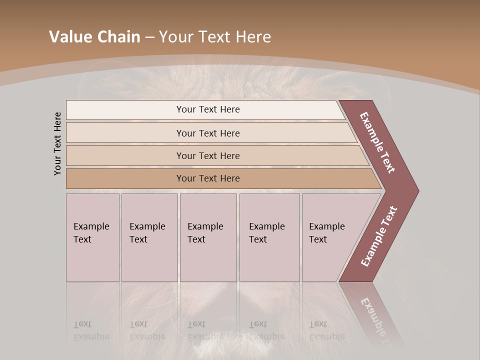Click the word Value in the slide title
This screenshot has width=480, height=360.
(69, 37)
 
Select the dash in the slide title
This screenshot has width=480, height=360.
(149, 37)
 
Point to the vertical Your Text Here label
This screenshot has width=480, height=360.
(57, 143)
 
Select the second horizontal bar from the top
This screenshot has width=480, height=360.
(208, 133)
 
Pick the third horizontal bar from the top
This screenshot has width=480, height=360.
(208, 155)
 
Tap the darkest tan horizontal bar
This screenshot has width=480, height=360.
(208, 178)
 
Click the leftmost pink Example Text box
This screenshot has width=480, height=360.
(92, 237)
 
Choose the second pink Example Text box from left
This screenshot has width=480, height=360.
(149, 237)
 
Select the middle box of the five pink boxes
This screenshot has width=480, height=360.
(208, 237)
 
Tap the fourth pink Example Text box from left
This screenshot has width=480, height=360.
(269, 237)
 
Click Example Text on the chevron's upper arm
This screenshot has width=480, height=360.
(378, 142)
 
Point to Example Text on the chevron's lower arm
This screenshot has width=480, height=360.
(379, 236)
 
